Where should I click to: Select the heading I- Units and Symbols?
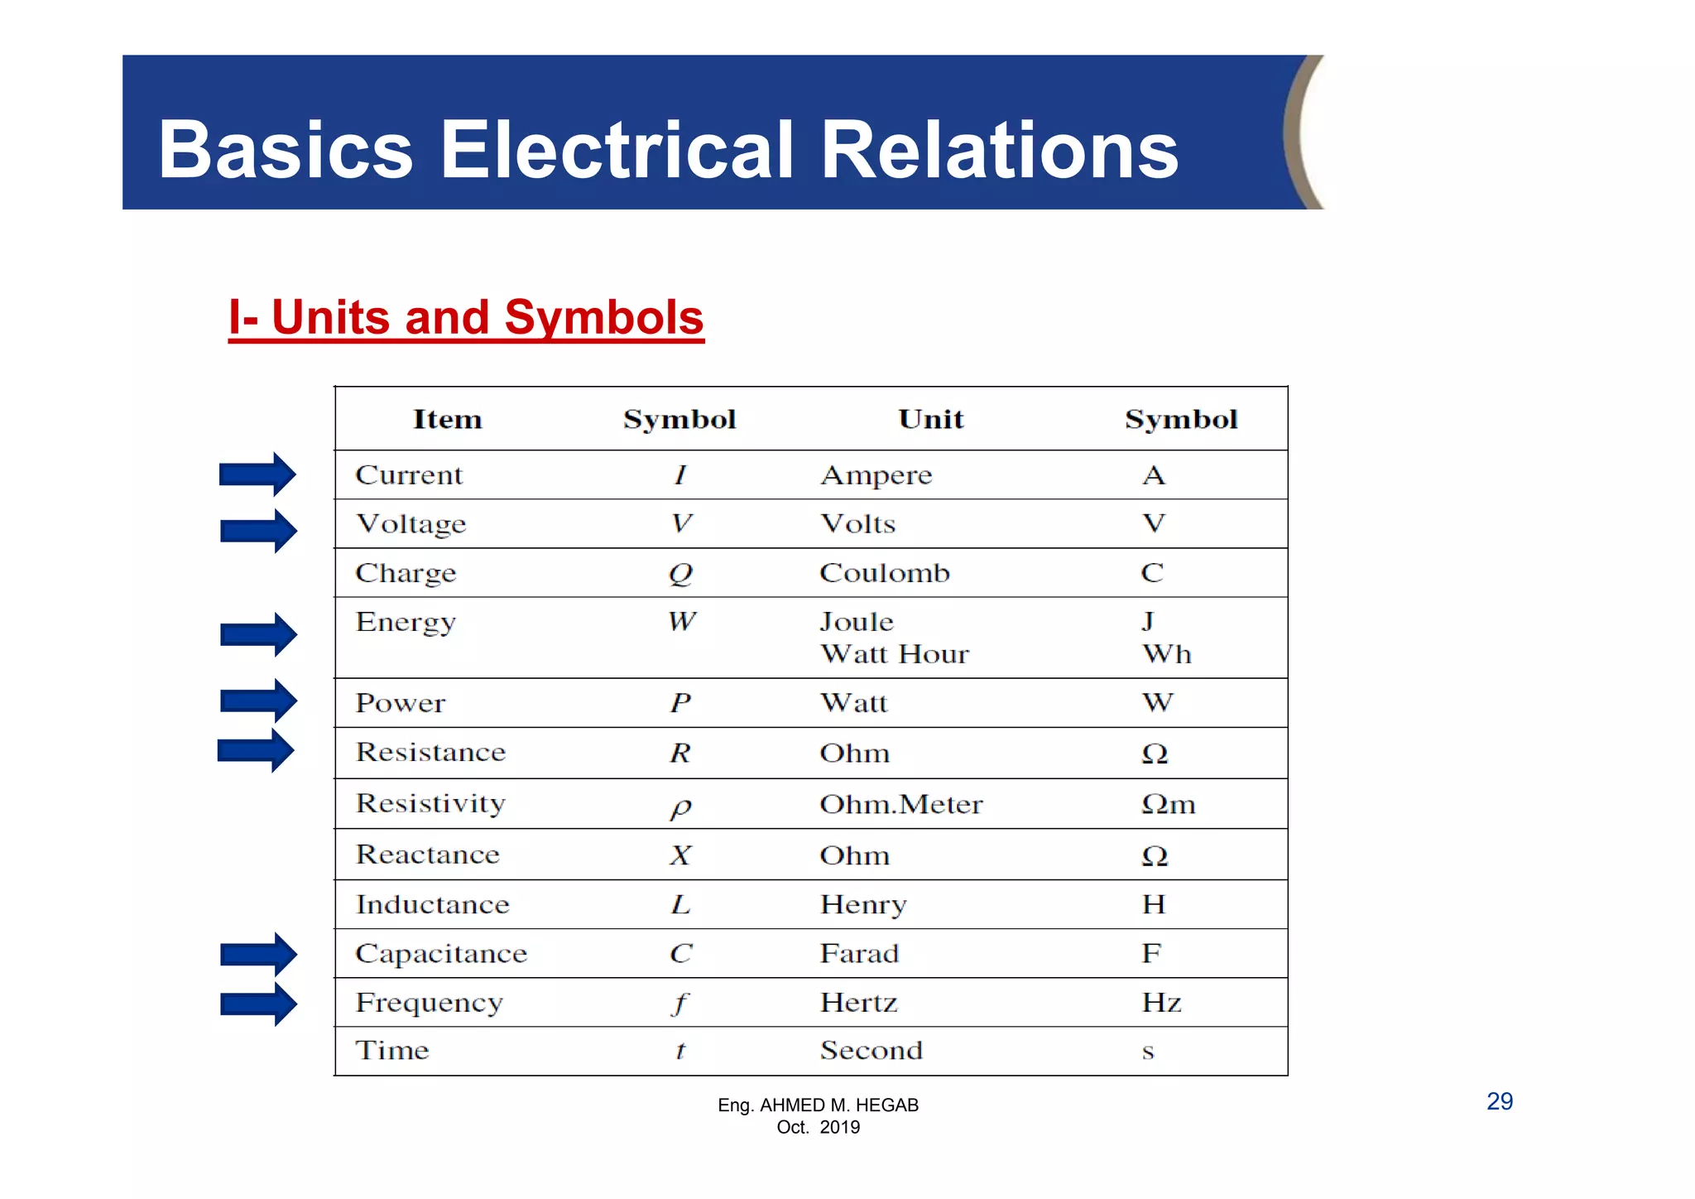tap(466, 317)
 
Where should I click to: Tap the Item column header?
tap(447, 419)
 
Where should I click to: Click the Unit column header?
tap(930, 419)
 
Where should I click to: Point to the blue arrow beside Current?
tap(257, 474)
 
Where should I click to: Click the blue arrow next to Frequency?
tap(258, 1004)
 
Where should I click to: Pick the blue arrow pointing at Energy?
tap(258, 634)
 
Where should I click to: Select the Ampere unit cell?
tap(876, 475)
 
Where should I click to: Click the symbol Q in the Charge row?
tap(680, 573)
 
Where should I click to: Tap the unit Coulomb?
tap(884, 573)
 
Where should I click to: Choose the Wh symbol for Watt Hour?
tap(1166, 654)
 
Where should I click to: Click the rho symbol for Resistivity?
tap(680, 807)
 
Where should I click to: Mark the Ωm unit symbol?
tap(1168, 804)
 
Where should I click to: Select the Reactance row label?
tap(427, 855)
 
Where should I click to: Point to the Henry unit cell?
tap(863, 904)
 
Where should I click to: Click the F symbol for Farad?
tap(1151, 953)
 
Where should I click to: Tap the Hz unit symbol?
tap(1161, 1003)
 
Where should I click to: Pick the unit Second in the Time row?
tap(871, 1051)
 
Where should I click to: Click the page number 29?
tap(1499, 1101)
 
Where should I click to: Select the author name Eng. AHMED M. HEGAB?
tap(818, 1105)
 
